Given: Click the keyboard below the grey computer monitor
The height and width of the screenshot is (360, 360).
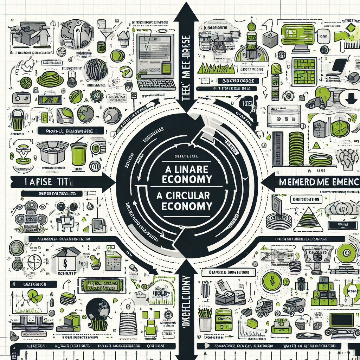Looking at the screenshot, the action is pyautogui.click(x=157, y=84).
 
